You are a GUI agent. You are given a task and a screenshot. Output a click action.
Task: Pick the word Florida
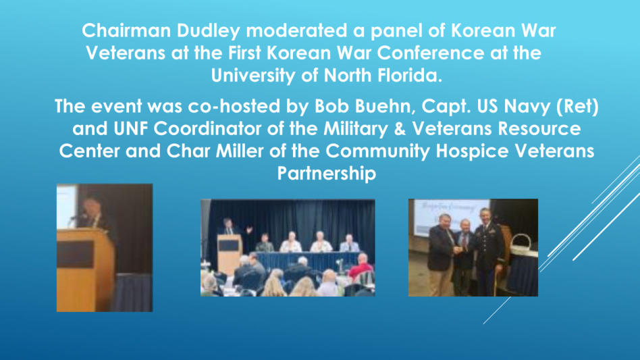tap(409, 76)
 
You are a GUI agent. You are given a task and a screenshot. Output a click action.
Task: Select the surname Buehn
tap(385, 106)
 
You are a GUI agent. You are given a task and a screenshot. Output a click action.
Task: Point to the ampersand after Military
tap(400, 129)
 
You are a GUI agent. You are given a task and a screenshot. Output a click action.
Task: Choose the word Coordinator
tap(208, 128)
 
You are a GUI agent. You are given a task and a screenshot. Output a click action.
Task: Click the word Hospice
tap(472, 151)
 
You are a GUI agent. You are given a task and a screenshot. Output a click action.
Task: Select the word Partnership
tap(327, 174)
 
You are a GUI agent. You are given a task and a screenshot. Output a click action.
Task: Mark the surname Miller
tap(239, 151)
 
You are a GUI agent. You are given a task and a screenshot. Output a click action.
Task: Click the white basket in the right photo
tap(522, 245)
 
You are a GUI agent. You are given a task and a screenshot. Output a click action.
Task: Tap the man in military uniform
tap(489, 251)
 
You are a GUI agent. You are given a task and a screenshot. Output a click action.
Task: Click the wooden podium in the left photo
tap(85, 269)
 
